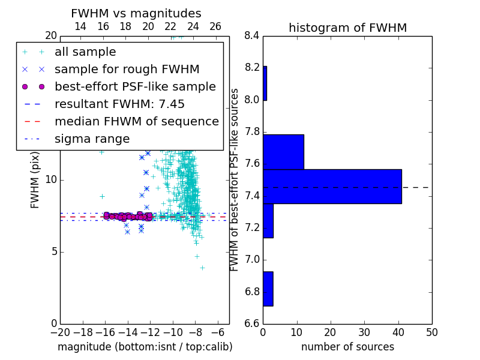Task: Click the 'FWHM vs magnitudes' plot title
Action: [x=136, y=13]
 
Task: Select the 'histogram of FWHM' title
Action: [x=348, y=28]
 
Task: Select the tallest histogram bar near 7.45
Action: [x=332, y=186]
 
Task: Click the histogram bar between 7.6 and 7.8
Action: [x=283, y=152]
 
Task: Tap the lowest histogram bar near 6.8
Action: [x=268, y=289]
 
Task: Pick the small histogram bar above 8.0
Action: [x=265, y=83]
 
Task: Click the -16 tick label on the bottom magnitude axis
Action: [x=105, y=332]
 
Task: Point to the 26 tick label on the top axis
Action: [x=215, y=26]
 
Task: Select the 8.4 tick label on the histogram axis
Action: [x=252, y=36]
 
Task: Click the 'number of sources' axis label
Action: [x=348, y=347]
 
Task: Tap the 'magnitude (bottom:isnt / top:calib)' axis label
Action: [x=145, y=347]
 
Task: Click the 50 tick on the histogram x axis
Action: [x=432, y=332]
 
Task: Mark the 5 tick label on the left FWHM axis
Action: [x=54, y=252]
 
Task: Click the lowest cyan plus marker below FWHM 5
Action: [x=202, y=268]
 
